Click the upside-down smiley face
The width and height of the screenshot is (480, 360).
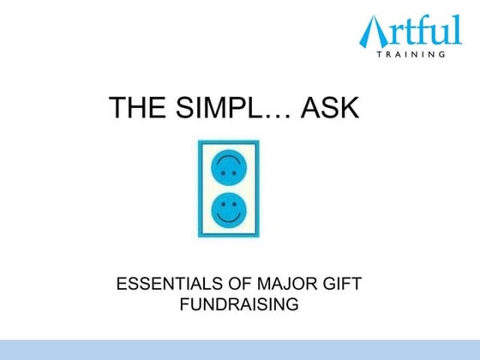(227, 166)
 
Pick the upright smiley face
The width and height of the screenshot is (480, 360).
(227, 209)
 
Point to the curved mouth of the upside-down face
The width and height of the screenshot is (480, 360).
(227, 159)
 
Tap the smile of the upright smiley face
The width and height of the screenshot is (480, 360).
(227, 218)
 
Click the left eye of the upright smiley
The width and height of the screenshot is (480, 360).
(221, 204)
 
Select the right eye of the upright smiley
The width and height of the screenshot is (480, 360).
(233, 204)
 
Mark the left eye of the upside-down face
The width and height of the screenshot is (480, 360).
(221, 172)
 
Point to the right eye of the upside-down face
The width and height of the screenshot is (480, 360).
(233, 172)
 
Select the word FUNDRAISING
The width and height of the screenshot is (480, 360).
(239, 304)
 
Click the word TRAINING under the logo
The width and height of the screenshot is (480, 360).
(412, 54)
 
